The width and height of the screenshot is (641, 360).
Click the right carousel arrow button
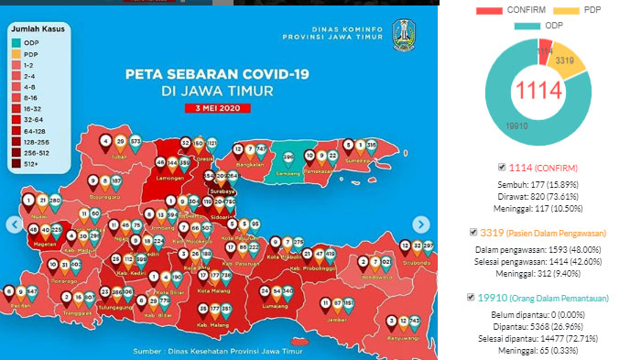(x=420, y=224)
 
